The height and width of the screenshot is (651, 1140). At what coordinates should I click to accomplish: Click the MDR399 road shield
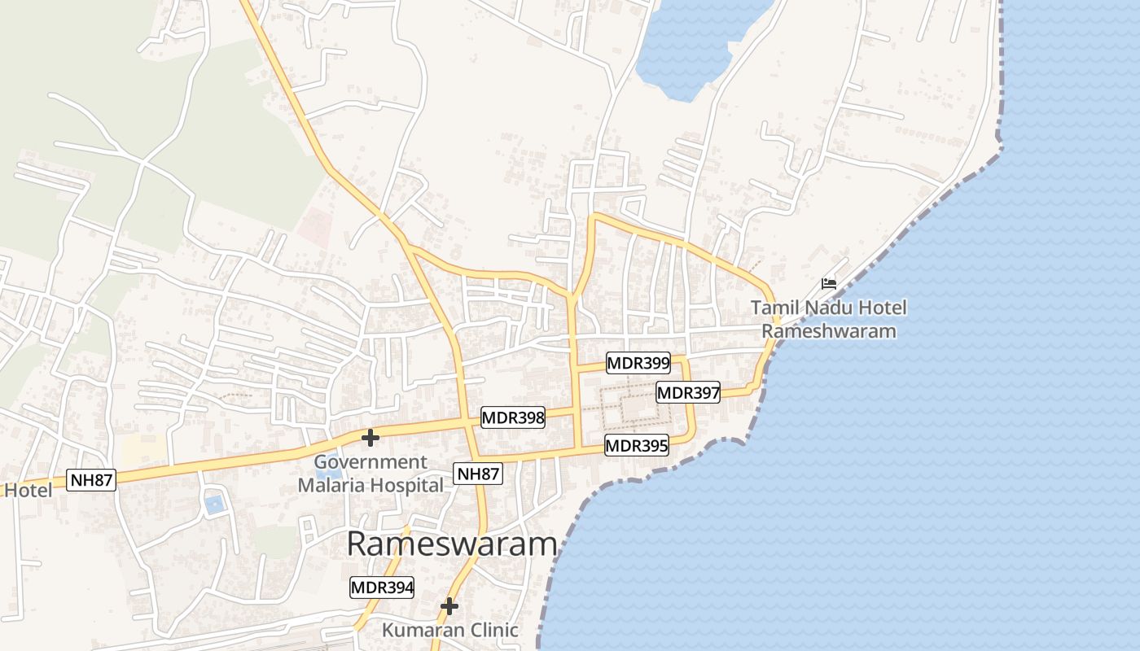[638, 363]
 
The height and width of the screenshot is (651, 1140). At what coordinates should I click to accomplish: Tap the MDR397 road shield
[688, 393]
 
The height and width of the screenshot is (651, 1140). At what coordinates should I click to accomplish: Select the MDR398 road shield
[513, 418]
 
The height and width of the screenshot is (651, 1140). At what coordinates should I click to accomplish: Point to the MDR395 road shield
[636, 445]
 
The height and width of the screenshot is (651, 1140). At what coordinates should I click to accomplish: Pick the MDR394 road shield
[382, 587]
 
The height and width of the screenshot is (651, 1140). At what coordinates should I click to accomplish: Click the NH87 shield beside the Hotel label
[91, 479]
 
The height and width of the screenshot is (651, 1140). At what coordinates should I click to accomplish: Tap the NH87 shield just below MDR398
[478, 474]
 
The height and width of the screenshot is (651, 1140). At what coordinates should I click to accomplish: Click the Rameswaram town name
[452, 544]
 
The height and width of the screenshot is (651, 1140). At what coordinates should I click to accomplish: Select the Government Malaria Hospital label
[370, 474]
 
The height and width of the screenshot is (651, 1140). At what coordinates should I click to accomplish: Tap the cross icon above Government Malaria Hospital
[370, 438]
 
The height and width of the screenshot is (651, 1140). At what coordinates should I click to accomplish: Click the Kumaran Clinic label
[450, 630]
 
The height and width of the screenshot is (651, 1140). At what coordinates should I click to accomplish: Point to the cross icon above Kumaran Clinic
[449, 606]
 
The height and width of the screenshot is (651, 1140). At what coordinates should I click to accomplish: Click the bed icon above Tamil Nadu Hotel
[829, 283]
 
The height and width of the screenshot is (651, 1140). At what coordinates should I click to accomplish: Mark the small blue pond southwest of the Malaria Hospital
[214, 505]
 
